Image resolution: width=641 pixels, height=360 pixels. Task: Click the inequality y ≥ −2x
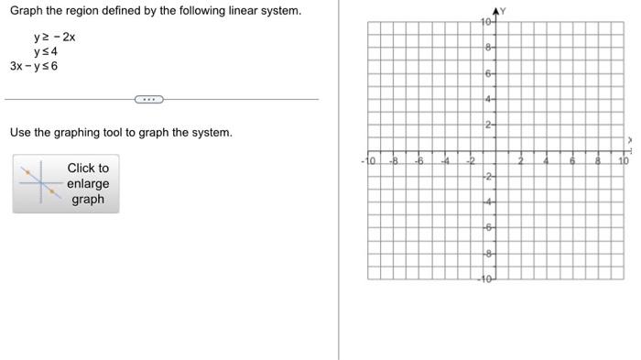(54, 38)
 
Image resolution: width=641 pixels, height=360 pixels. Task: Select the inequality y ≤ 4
(48, 51)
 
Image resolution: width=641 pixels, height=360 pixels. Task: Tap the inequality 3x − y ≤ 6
(34, 66)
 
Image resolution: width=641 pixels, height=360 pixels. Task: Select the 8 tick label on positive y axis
(489, 47)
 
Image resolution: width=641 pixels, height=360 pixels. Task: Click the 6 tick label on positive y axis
(489, 72)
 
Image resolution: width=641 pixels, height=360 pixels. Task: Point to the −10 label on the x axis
(368, 160)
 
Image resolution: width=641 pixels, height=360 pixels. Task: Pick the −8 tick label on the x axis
(394, 160)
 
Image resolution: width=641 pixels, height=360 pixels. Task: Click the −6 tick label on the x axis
(419, 160)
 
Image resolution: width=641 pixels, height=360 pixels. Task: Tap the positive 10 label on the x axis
(623, 160)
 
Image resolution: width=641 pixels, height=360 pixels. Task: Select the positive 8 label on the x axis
(598, 160)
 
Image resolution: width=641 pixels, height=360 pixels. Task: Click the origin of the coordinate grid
(495, 149)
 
